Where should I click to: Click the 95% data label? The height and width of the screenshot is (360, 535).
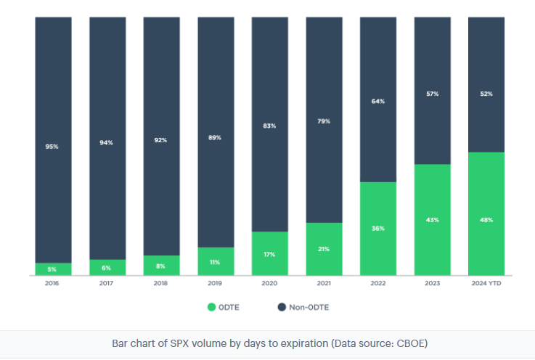[x=53, y=147]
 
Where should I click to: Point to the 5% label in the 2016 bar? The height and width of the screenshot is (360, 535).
[x=53, y=269]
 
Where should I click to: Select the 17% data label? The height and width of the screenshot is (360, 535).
[x=269, y=254]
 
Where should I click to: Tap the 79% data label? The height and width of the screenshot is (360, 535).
[x=324, y=121]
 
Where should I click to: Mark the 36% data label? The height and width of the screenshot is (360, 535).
[x=378, y=229]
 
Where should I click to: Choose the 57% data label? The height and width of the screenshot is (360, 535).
[x=432, y=94]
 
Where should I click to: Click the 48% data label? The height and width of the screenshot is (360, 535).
[x=486, y=220]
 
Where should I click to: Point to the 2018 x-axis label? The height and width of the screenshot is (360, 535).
[x=161, y=283]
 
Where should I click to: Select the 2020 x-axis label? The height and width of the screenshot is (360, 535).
[x=269, y=283]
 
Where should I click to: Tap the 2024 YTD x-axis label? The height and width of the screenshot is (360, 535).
[x=486, y=283]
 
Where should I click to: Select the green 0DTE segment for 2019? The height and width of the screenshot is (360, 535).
[x=216, y=261]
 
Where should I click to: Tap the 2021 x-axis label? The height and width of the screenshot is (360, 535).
[x=324, y=283]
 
